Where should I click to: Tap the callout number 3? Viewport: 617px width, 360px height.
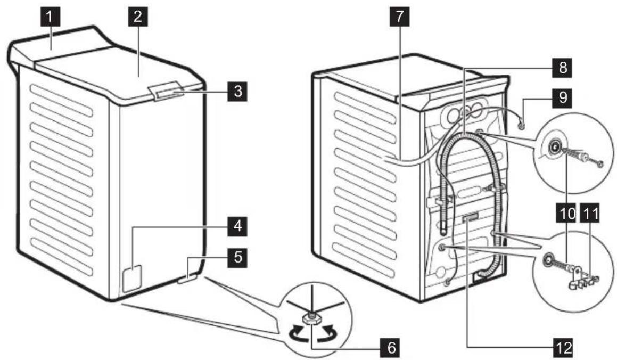click(x=238, y=91)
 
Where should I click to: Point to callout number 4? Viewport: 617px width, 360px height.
click(x=238, y=228)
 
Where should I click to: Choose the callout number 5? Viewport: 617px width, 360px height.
click(x=238, y=258)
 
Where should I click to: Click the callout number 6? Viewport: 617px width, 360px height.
click(x=391, y=348)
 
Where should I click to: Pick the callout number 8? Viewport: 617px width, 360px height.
click(x=560, y=68)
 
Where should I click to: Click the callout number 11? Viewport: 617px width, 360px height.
click(x=590, y=215)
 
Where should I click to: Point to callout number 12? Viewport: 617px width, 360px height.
click(x=560, y=348)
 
